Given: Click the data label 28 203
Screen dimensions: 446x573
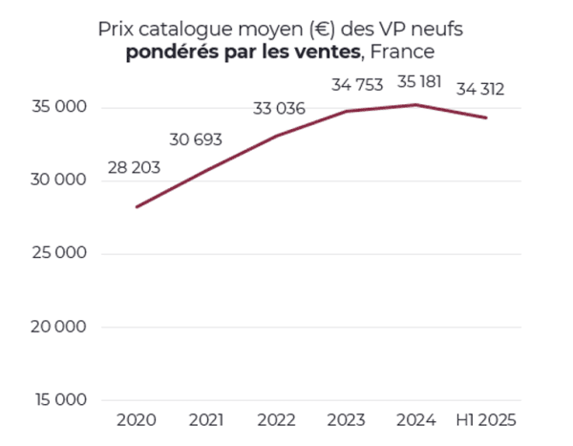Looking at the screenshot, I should click(134, 168).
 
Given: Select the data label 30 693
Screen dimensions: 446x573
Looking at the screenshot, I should click(196, 140).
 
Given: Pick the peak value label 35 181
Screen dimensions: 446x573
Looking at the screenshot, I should click(416, 81).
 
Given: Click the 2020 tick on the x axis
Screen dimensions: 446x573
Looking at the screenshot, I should click(135, 419).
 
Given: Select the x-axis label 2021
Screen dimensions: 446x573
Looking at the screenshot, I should click(205, 419).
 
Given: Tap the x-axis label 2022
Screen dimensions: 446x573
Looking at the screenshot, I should click(276, 419).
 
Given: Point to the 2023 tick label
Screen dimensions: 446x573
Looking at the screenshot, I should click(347, 419).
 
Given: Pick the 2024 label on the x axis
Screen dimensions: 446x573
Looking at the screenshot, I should click(416, 419).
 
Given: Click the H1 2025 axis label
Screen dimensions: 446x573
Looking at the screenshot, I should click(486, 419).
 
